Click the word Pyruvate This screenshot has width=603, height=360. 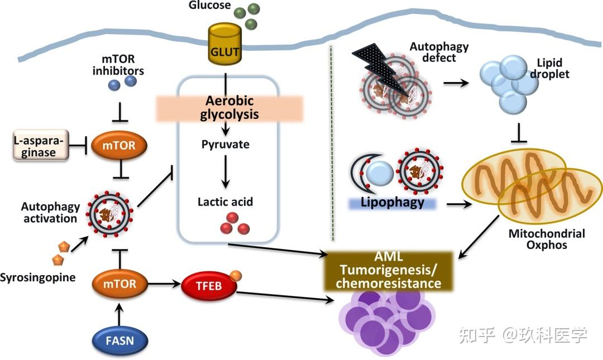[x=226, y=145]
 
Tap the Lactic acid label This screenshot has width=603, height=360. [x=226, y=202]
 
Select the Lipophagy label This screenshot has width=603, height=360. [x=393, y=202]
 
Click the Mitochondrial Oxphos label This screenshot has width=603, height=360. [x=547, y=239]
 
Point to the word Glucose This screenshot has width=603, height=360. [x=210, y=6]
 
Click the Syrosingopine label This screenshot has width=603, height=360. [x=37, y=277]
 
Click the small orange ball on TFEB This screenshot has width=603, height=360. [x=236, y=275]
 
